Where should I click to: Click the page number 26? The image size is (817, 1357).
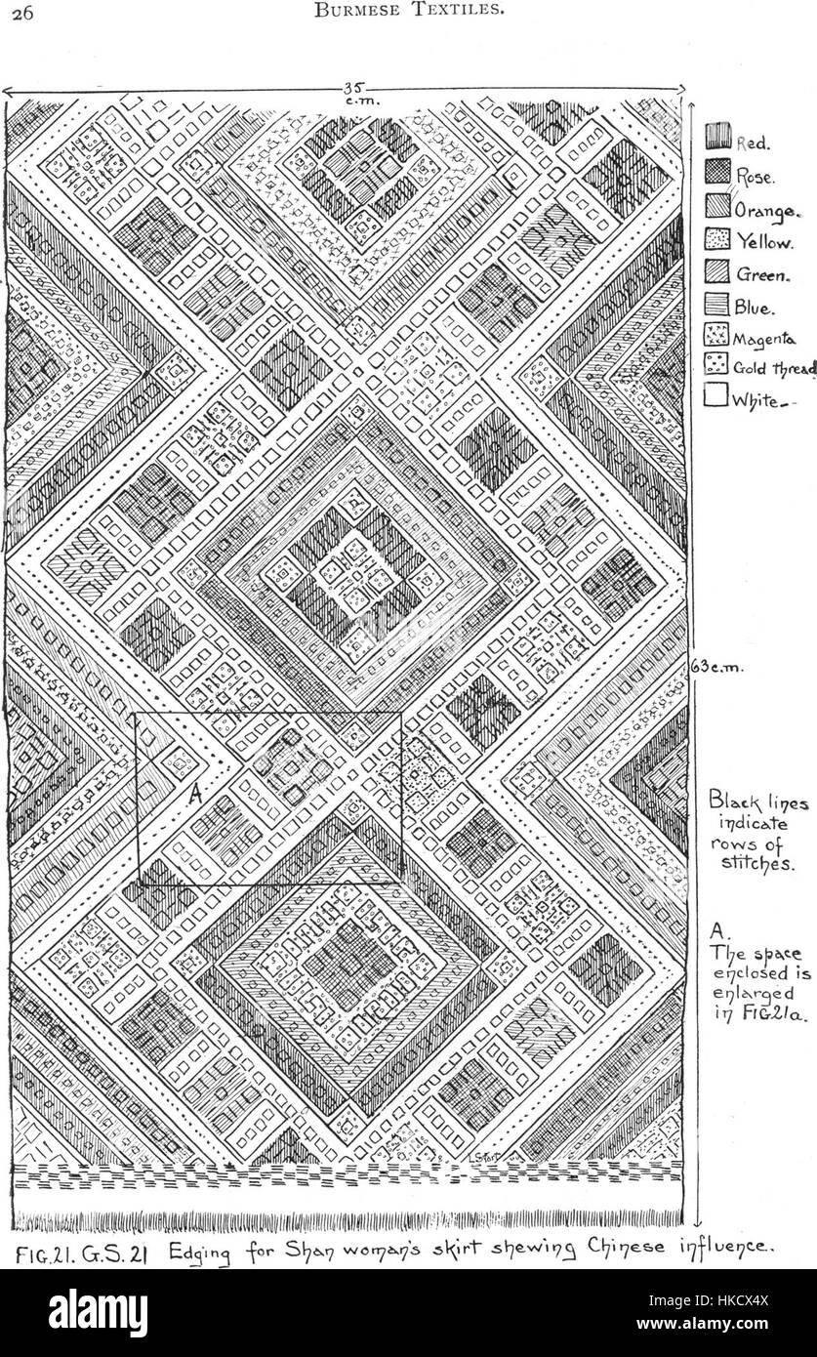coord(21,13)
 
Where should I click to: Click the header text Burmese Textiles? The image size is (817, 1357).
coord(410,12)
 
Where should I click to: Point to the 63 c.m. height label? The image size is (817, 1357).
coord(716,668)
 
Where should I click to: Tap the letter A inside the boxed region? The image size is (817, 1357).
coord(194,793)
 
